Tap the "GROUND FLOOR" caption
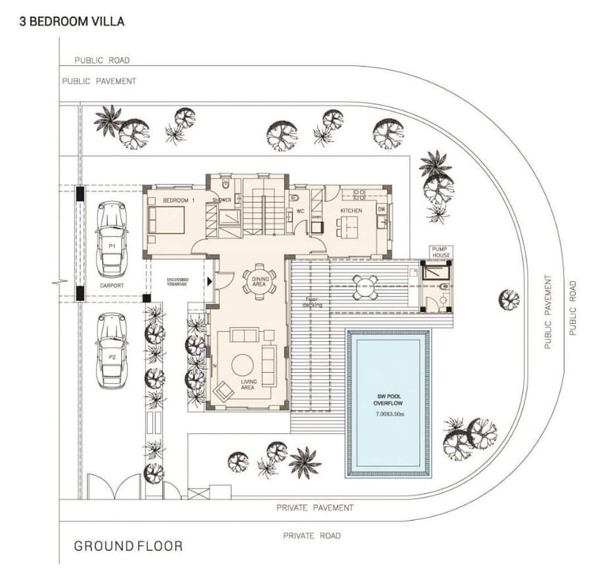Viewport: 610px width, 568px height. (128, 547)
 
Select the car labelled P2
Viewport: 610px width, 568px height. (112, 350)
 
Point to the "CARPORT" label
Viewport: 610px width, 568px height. (112, 285)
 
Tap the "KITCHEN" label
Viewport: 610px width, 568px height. (351, 211)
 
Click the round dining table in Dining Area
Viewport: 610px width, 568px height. (259, 282)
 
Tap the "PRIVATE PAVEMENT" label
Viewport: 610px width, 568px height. (315, 508)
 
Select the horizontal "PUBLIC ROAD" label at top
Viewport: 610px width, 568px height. (102, 61)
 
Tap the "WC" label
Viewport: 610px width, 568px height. (301, 211)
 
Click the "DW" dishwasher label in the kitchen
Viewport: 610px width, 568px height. (382, 209)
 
